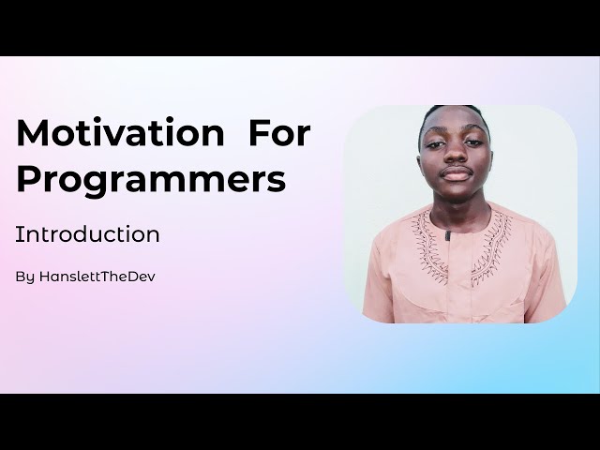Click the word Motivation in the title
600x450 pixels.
120,133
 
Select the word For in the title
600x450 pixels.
278,133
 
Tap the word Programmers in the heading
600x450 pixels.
151,179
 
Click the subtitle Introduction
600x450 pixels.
87,234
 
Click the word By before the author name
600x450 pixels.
24,277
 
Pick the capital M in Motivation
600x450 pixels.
33,133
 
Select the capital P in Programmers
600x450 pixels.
28,178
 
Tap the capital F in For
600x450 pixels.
257,133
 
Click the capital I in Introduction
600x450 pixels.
18,234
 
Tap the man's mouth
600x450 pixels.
457,175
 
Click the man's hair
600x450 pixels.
455,112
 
